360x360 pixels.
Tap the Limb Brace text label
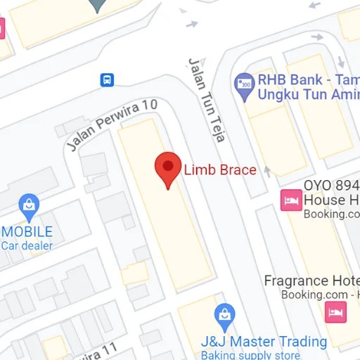tap(220, 169)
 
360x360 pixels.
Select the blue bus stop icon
tap(108, 80)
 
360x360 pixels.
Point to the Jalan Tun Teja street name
tap(205, 99)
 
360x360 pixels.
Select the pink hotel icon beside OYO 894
tap(290, 200)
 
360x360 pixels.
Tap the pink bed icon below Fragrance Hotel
tap(335, 311)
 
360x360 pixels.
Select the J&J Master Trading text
tap(264, 342)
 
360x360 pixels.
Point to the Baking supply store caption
tap(250, 356)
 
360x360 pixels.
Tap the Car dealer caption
tap(27, 245)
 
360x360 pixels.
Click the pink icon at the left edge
tap(2, 28)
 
